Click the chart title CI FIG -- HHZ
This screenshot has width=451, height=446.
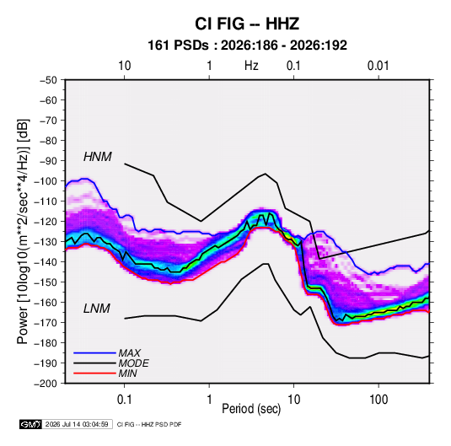tap(247, 24)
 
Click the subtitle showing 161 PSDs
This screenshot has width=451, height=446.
tap(247, 46)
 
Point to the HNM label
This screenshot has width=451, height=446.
tap(98, 157)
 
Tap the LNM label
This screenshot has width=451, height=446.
tap(97, 309)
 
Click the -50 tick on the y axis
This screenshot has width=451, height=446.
tap(48, 80)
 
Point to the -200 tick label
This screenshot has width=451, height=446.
tap(46, 384)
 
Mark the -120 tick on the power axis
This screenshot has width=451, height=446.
tap(46, 222)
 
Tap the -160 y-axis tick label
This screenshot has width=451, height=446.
tap(46, 303)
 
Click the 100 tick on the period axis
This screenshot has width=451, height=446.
tap(379, 400)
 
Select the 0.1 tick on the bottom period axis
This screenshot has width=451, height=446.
tap(124, 400)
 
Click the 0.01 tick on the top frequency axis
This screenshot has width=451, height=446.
tap(379, 66)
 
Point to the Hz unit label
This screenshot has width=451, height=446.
tap(251, 66)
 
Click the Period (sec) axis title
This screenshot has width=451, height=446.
tap(251, 409)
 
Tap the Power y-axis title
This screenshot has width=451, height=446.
tap(23, 232)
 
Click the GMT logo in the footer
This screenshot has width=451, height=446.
tap(31, 424)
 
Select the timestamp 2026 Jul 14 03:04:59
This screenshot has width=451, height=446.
tap(77, 424)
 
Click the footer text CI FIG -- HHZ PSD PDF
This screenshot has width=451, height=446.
tap(149, 424)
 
